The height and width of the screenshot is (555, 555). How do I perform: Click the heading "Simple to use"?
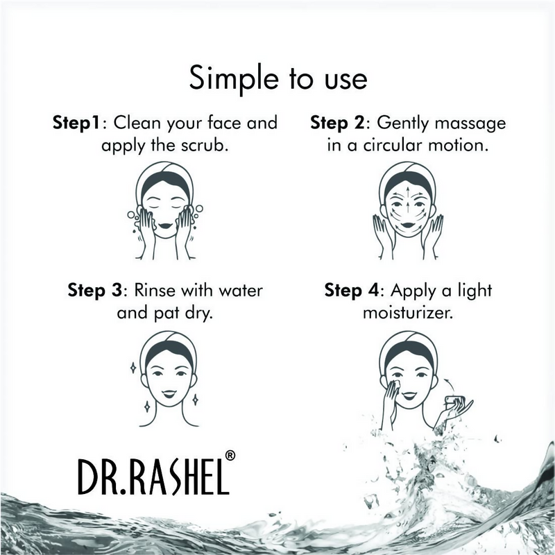pyautogui.click(x=277, y=78)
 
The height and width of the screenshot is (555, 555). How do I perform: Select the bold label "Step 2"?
pyautogui.click(x=339, y=123)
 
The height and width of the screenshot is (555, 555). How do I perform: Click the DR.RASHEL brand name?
pyautogui.click(x=151, y=477)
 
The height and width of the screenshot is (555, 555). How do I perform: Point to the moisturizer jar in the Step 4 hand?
pyautogui.click(x=456, y=401)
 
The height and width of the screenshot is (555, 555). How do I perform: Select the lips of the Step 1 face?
pyautogui.click(x=166, y=223)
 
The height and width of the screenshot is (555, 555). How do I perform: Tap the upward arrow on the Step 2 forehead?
pyautogui.click(x=407, y=189)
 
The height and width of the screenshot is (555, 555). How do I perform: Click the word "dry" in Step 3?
pyautogui.click(x=197, y=312)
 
